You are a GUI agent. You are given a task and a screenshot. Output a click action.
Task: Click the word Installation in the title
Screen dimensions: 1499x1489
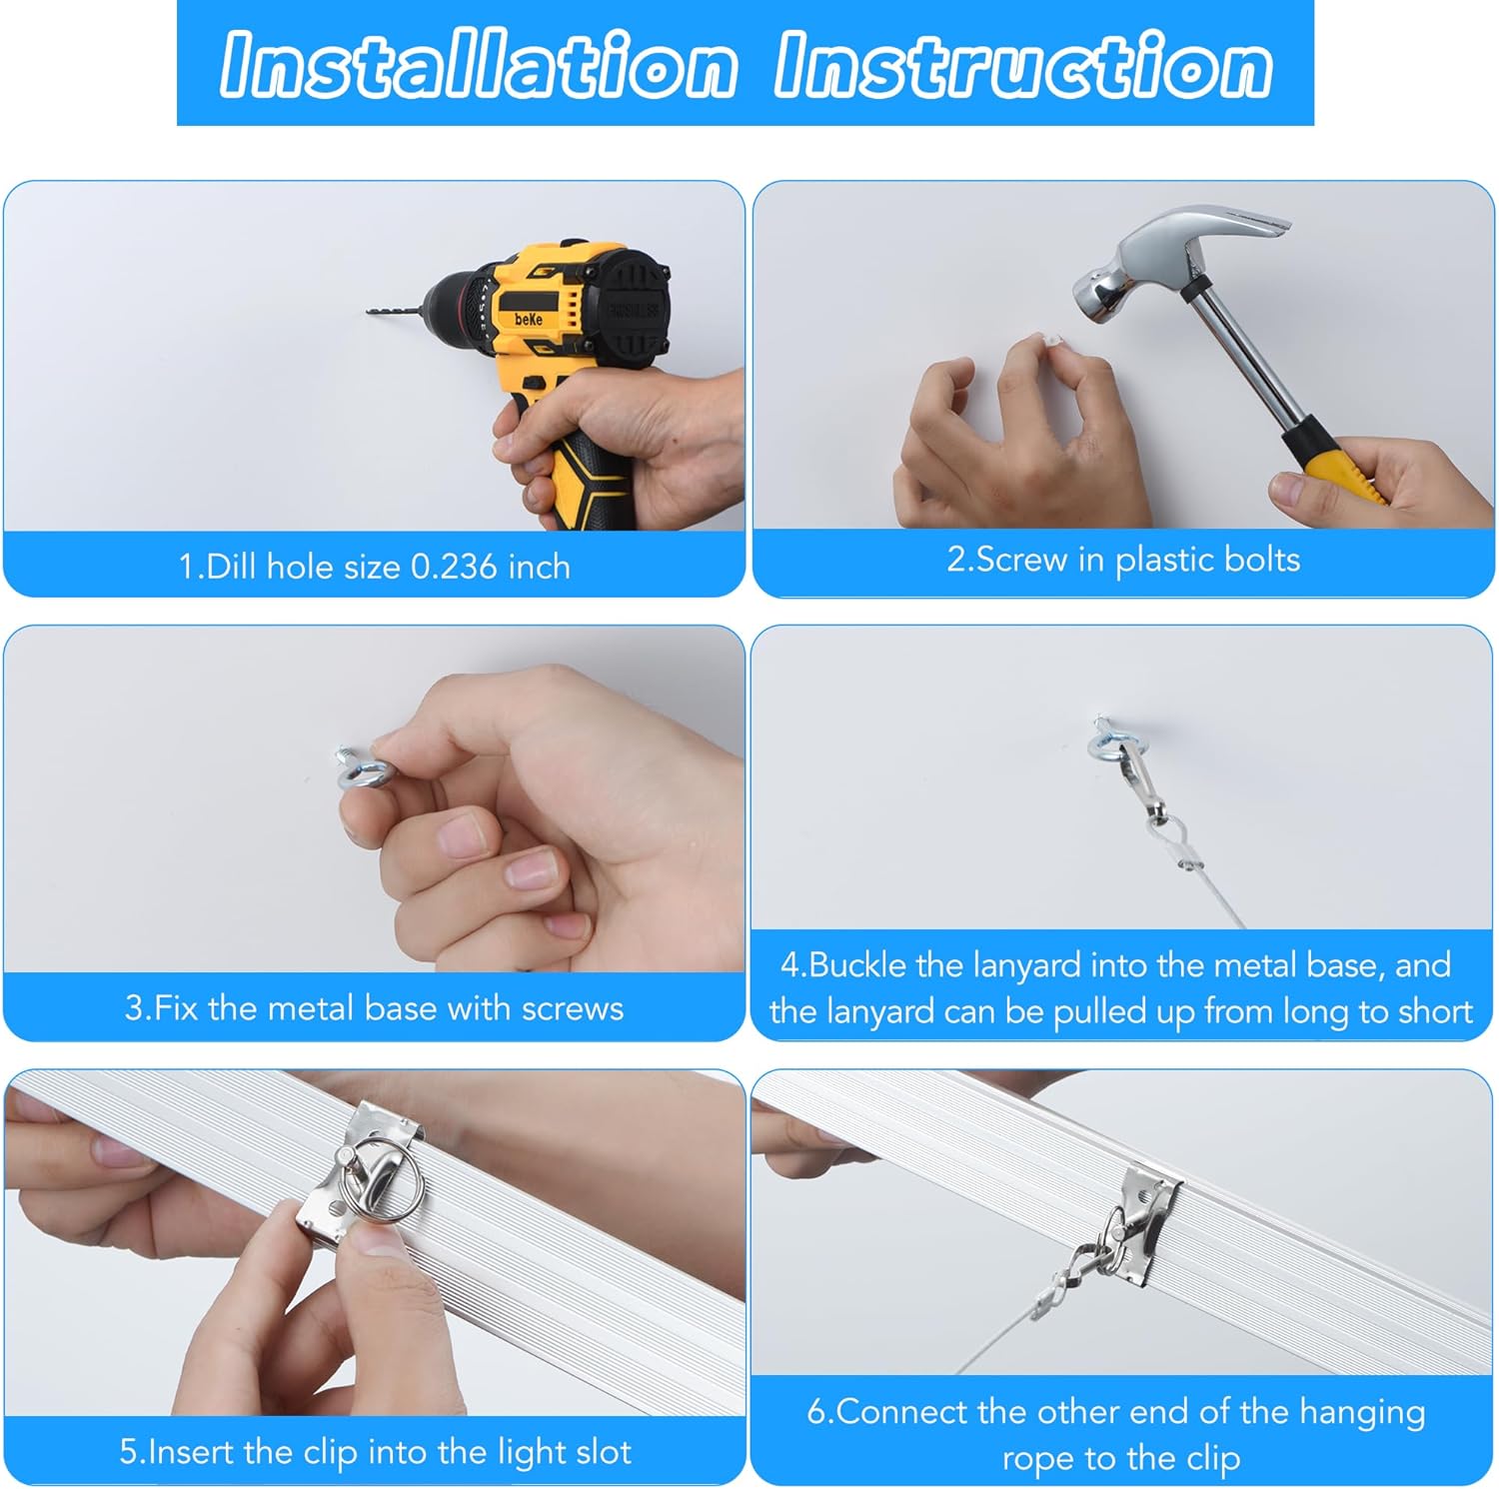[x=478, y=66]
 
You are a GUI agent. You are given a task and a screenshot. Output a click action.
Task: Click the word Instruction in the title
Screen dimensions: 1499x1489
[x=1023, y=66]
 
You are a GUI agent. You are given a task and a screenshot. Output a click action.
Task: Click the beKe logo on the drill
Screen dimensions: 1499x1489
[x=529, y=318]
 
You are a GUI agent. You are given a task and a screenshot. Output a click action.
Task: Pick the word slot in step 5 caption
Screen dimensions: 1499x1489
[x=605, y=1451]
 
